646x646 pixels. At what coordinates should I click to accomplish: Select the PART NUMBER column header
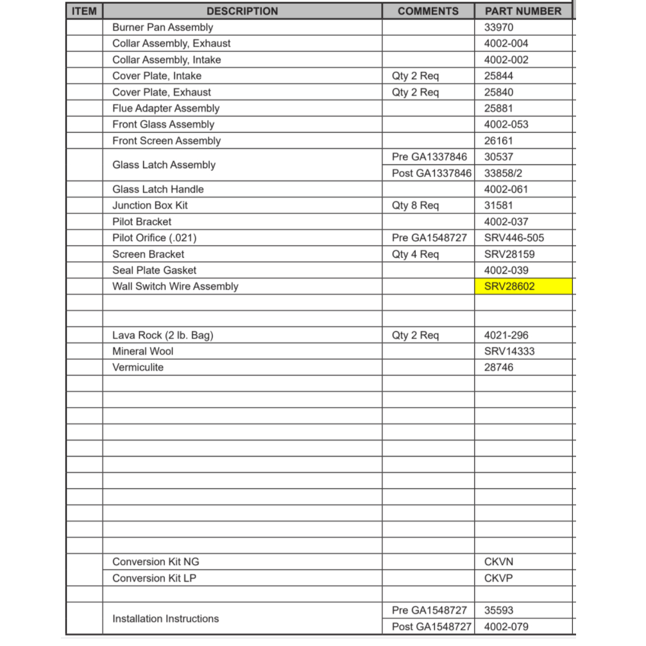(x=522, y=11)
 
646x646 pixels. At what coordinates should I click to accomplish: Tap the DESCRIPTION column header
(x=242, y=11)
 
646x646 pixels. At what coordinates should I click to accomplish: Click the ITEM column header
(x=84, y=11)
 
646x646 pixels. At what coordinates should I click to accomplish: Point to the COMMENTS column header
(x=428, y=11)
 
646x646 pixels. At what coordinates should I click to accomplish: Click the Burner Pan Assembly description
(x=162, y=28)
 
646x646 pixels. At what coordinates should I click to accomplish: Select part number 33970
(x=498, y=28)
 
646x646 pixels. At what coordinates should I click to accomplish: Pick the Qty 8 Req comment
(x=415, y=206)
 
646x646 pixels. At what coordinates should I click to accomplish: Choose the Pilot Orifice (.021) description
(x=154, y=238)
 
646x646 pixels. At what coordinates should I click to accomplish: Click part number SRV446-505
(x=514, y=238)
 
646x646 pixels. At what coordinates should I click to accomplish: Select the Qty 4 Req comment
(x=415, y=255)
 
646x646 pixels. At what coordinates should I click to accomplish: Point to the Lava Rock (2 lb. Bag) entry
(x=162, y=336)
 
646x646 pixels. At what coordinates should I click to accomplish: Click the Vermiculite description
(x=137, y=368)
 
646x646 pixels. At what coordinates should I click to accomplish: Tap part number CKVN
(x=498, y=562)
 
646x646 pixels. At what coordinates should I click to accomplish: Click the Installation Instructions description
(x=166, y=619)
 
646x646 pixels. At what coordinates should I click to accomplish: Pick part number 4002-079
(x=506, y=627)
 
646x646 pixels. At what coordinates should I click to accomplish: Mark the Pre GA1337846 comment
(x=429, y=157)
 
